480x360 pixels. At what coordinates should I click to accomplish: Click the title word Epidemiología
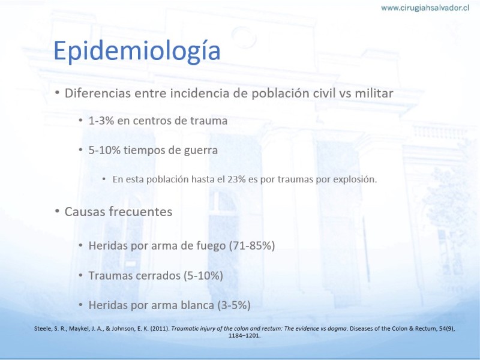(137, 51)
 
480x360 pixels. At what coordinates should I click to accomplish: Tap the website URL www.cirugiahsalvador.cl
(425, 8)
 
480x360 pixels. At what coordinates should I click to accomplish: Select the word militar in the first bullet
(374, 94)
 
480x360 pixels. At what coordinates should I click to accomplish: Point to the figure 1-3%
(101, 121)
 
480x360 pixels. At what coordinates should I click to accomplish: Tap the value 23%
(236, 179)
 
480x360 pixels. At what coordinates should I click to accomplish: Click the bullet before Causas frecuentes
(57, 212)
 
